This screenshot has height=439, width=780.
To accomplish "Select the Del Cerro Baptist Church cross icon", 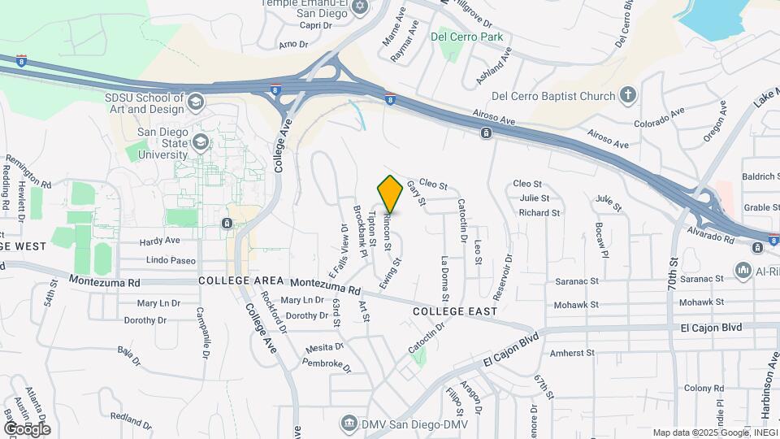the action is pyautogui.click(x=626, y=96).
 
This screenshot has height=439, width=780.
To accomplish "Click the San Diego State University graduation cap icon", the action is pyautogui.click(x=199, y=143).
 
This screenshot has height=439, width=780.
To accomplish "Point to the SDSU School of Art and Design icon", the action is pyautogui.click(x=195, y=102).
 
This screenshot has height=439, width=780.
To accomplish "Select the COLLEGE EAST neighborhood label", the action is pyautogui.click(x=454, y=311).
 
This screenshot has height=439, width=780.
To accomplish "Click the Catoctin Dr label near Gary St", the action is pyautogui.click(x=462, y=220).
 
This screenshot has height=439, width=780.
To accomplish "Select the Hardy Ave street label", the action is pyautogui.click(x=159, y=241).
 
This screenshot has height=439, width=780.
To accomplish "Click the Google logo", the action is pyautogui.click(x=28, y=428).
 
